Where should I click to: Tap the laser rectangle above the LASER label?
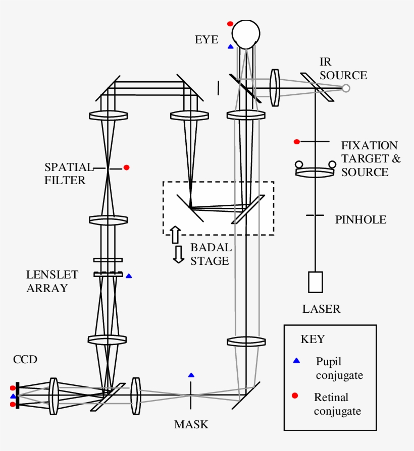(x=316, y=282)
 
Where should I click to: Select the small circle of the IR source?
(x=346, y=88)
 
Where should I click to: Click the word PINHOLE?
(x=360, y=220)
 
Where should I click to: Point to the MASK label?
(x=191, y=425)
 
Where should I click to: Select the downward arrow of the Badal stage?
(x=178, y=254)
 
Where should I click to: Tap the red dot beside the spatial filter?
(x=126, y=167)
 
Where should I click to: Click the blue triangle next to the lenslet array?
(x=129, y=276)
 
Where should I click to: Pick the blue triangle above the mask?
(x=191, y=375)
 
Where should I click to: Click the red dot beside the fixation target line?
(x=296, y=142)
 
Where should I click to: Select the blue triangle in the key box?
(x=296, y=361)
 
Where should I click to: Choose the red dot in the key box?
(x=296, y=396)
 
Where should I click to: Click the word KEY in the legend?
(x=313, y=339)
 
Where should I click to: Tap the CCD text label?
(x=25, y=359)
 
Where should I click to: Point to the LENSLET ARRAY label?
(x=53, y=281)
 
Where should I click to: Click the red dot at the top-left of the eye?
(x=230, y=24)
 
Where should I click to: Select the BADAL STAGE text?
(x=211, y=254)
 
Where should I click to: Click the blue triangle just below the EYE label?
(x=230, y=46)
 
